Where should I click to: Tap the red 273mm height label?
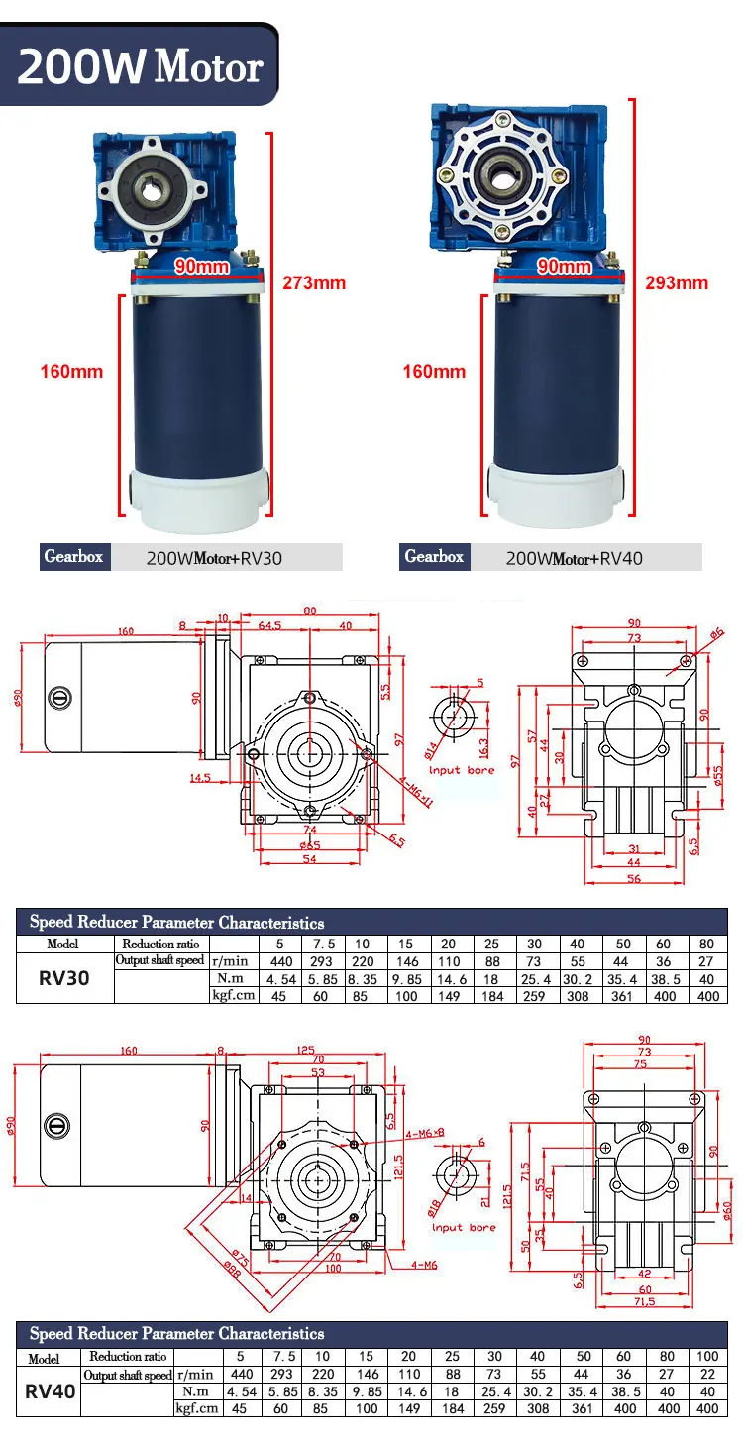315,282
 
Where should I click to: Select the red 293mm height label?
678,282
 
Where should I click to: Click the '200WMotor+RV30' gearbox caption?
214,558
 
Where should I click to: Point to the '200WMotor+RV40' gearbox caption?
575,558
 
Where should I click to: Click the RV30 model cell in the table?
64,978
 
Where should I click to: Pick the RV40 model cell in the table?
51,1390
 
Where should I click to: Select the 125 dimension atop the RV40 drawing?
307,1050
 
